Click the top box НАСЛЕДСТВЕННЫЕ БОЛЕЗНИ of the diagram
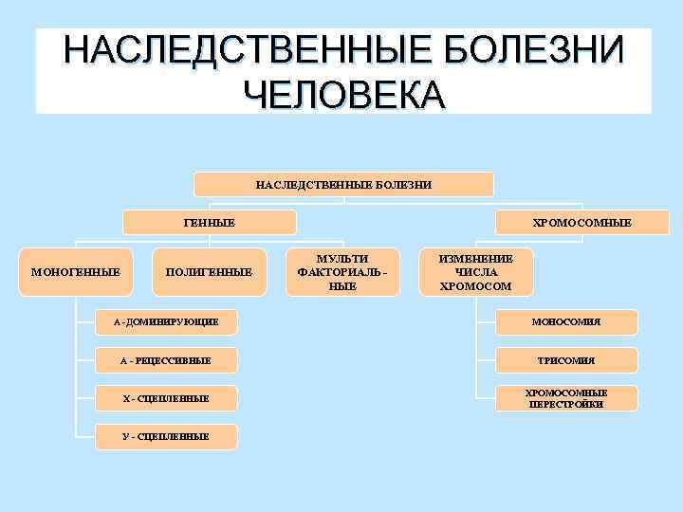coord(343,184)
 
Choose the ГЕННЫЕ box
coord(209,222)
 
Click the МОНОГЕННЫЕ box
coord(76,272)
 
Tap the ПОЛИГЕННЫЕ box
coord(209,272)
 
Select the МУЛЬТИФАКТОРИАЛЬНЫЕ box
coord(342,272)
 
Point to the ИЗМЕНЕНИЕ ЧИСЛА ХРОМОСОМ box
coord(476,272)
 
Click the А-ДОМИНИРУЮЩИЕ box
coord(166,322)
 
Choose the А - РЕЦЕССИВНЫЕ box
coord(166,360)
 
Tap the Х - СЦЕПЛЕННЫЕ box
coord(166,398)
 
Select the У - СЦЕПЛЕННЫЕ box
coord(166,436)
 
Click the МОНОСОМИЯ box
coord(566,322)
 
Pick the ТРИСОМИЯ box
coord(566,360)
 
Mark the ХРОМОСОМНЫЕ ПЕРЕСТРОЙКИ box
coord(566,398)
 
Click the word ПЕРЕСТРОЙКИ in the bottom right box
coord(566,405)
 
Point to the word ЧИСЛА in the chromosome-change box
coord(476,272)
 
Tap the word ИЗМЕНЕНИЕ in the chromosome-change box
coord(476,259)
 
